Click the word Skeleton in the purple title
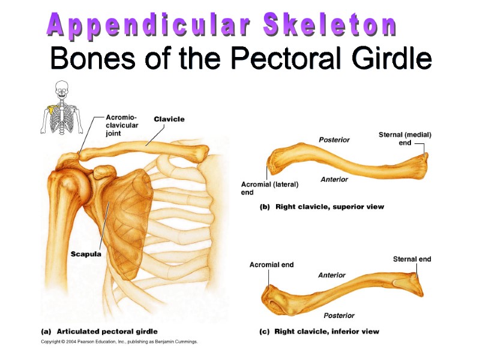329,26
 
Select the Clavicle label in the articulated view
169,119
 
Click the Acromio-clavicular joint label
122,125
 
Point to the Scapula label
86,254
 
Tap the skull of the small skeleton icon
61,90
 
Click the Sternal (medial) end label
405,139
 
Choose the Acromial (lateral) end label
269,188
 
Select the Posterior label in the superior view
334,140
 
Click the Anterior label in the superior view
334,179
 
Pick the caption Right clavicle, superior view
322,207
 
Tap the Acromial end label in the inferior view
271,265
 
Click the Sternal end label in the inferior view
412,259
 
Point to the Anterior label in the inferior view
332,275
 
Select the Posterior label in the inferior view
339,316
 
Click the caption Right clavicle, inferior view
319,331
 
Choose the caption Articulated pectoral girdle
99,331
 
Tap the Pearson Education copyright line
119,342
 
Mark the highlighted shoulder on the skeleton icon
52,109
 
